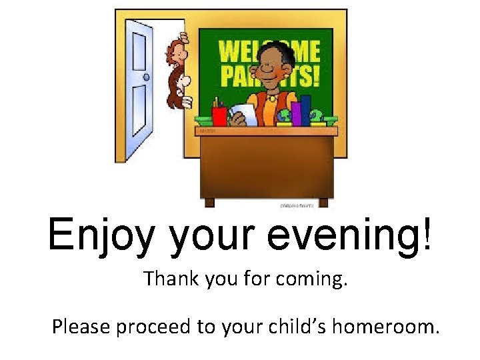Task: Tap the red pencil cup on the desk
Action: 219,116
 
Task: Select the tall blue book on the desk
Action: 305,109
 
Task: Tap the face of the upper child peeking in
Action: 180,50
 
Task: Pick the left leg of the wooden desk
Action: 209,202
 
